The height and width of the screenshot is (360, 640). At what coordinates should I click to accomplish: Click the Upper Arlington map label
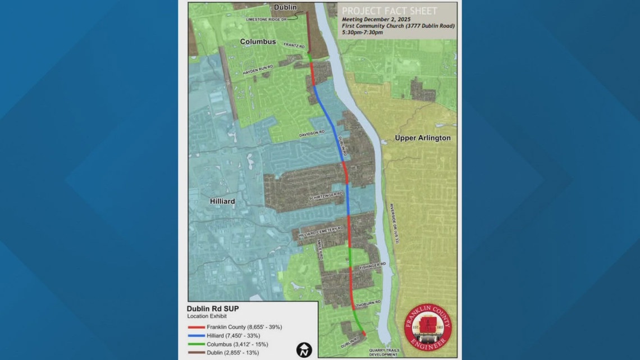[x=422, y=138]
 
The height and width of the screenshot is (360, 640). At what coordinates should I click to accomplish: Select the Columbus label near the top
[x=258, y=42]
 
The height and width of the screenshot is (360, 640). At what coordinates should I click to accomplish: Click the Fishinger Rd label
[x=373, y=265]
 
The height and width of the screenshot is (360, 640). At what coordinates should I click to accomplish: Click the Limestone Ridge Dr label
[x=267, y=19]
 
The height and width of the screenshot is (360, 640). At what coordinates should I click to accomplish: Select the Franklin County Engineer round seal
[x=427, y=330]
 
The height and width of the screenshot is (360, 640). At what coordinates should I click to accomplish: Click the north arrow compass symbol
[x=304, y=349]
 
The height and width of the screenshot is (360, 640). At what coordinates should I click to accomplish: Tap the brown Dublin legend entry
[x=226, y=353]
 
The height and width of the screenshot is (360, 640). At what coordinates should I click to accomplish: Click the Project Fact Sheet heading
[x=390, y=11]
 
